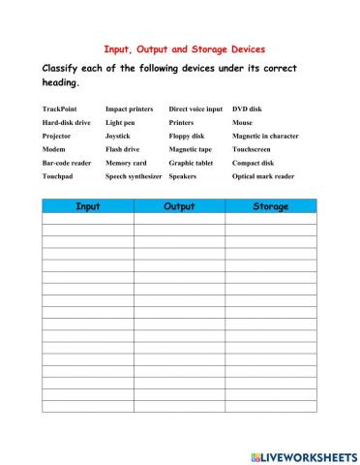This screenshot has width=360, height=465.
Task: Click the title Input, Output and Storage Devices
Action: pyautogui.click(x=184, y=48)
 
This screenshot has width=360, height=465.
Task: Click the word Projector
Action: pyautogui.click(x=58, y=137)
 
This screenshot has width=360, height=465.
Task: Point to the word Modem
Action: pyautogui.click(x=55, y=150)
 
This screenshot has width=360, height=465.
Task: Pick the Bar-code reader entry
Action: pyautogui.click(x=67, y=164)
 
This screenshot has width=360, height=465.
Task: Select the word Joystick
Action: pyautogui.click(x=119, y=137)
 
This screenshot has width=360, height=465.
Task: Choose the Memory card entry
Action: pyautogui.click(x=126, y=164)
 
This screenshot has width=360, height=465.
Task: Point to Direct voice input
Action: pyautogui.click(x=195, y=109)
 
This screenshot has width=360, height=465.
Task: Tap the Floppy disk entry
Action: pyautogui.click(x=187, y=137)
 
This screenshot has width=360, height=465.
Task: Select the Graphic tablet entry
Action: pyautogui.click(x=191, y=164)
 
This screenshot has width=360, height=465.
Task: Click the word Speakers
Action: pyautogui.click(x=183, y=177)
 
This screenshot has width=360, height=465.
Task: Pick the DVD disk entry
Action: pyautogui.click(x=247, y=109)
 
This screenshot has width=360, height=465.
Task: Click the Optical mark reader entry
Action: pyautogui.click(x=263, y=177)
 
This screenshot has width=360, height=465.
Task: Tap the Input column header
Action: pyautogui.click(x=87, y=206)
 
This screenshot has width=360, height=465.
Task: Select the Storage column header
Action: pyautogui.click(x=271, y=206)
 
